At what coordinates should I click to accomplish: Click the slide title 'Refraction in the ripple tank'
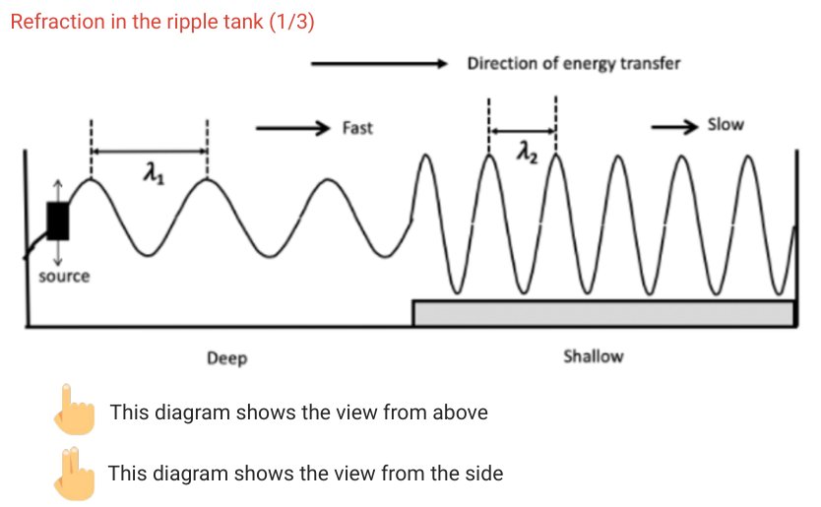pos(161,22)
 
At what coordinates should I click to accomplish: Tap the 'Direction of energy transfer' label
pos(573,64)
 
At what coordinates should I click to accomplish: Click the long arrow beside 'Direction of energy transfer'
pos(379,64)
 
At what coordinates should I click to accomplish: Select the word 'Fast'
pos(357,128)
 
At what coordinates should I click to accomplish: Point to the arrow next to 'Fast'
pos(290,128)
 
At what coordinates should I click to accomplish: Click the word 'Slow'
pos(726,125)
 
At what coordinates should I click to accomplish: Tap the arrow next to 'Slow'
pos(674,126)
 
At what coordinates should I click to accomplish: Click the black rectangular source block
pos(58,222)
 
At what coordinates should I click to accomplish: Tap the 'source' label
pos(64,277)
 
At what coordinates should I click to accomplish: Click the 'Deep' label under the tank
pos(226,358)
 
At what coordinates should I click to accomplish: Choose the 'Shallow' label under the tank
pos(593,356)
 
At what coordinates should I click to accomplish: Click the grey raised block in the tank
pos(602,313)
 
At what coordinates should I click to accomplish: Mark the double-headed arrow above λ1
pos(149,152)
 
